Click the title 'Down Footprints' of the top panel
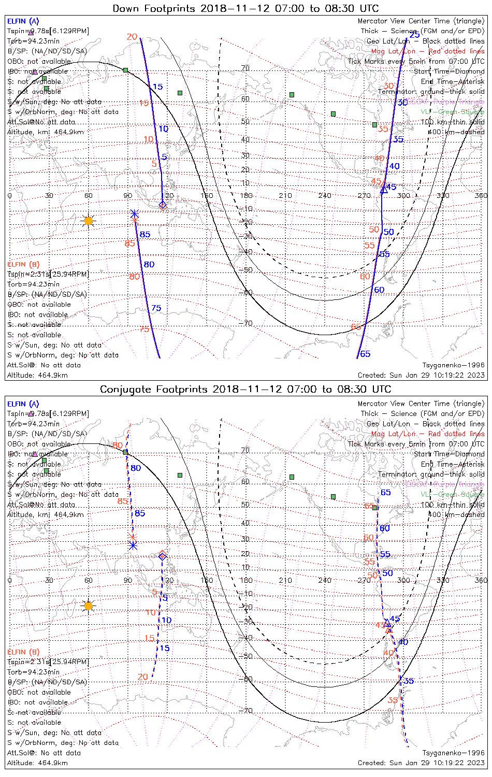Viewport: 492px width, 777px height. [x=155, y=8]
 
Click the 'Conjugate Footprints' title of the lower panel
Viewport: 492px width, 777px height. [x=156, y=389]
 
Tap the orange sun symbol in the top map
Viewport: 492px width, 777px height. [x=89, y=221]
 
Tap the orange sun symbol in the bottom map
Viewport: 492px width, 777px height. [x=89, y=606]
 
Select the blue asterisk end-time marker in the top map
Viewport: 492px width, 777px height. [x=134, y=213]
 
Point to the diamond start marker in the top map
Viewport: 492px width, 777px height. [x=163, y=205]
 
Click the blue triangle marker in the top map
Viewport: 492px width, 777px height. [x=384, y=190]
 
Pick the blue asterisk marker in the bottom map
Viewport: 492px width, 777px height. [x=133, y=545]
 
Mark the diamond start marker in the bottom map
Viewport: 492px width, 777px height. [x=163, y=556]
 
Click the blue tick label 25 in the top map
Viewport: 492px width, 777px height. [x=415, y=35]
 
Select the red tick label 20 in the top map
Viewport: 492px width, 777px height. [x=132, y=37]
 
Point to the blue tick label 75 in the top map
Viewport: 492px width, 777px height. [x=156, y=308]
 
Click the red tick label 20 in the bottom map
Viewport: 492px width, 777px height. [x=143, y=677]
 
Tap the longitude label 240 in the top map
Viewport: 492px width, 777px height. [x=325, y=196]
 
